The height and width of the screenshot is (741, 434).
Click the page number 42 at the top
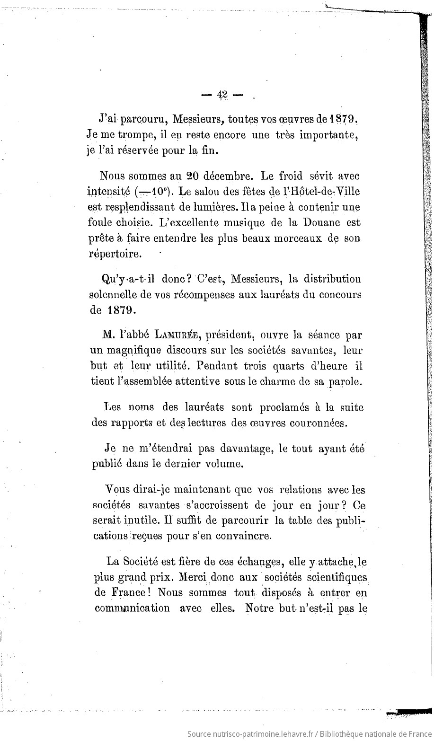click(222, 95)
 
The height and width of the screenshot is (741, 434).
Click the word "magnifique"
click(133, 351)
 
